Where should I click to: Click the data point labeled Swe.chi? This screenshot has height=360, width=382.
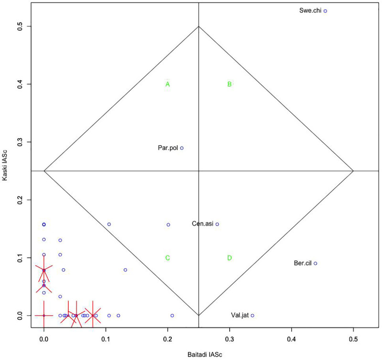(326, 11)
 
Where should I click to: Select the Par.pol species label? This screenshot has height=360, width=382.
(168, 148)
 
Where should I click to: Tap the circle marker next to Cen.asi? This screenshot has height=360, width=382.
(217, 224)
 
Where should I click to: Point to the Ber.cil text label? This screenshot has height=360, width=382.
(302, 264)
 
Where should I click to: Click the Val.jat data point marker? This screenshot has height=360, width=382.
(253, 315)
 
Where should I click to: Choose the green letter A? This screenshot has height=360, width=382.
(168, 85)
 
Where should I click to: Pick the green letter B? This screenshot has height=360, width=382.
(230, 85)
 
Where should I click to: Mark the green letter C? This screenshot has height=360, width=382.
(168, 258)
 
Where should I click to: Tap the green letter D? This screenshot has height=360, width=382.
(230, 258)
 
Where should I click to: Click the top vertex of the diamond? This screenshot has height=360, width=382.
(199, 26)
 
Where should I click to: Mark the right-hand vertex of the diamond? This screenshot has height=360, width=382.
(353, 171)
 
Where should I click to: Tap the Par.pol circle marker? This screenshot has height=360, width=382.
(182, 148)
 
